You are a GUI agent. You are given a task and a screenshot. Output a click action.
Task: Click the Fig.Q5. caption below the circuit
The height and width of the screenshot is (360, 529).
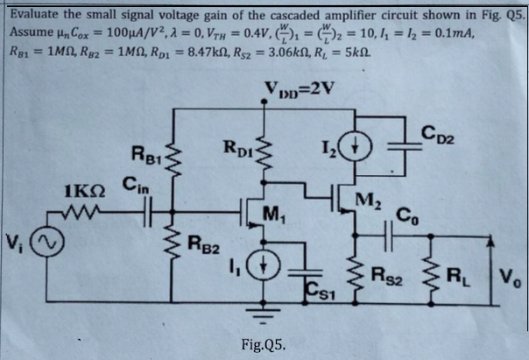point(269,341)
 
